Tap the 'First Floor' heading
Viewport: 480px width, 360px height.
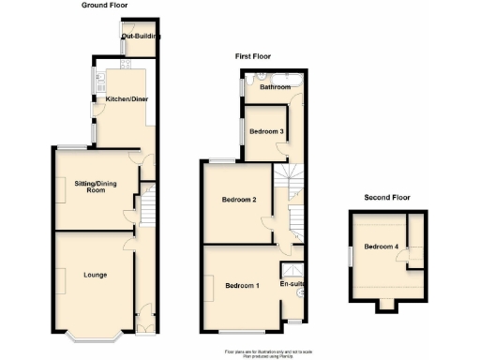pos(252,57)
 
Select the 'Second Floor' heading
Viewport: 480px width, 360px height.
pos(388,198)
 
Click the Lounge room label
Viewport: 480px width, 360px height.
pos(94,275)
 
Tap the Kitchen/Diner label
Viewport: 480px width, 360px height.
pos(126,98)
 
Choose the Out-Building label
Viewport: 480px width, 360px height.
pos(139,37)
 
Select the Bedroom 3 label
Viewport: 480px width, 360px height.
pos(267,131)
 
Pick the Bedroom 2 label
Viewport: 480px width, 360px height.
pos(239,199)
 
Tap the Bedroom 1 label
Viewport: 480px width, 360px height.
pos(242,286)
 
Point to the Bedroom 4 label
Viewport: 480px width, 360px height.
pos(382,247)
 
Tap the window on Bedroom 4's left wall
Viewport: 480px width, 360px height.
pos(349,254)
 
